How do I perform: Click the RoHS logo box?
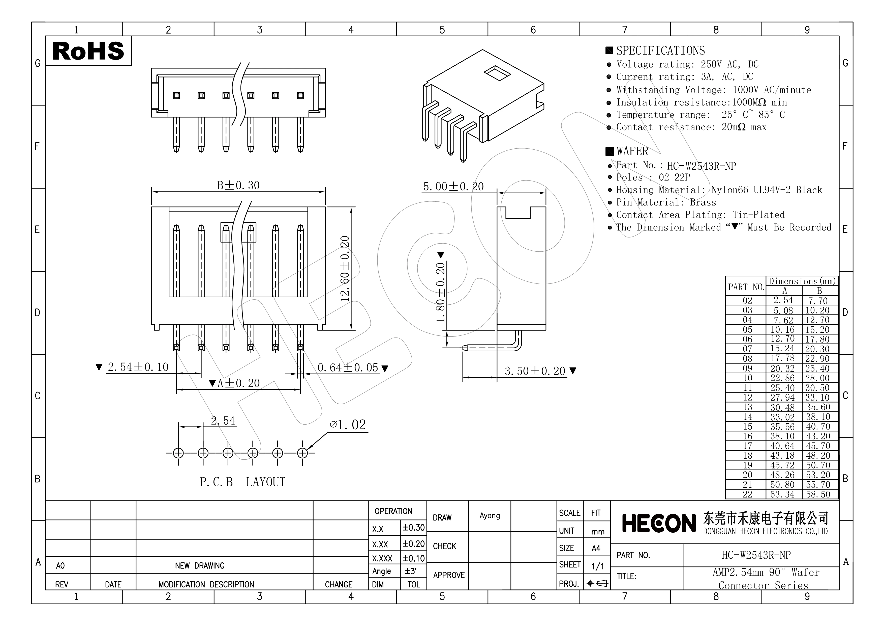point(88,51)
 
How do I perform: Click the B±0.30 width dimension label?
point(238,186)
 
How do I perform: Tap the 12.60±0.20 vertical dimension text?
point(345,268)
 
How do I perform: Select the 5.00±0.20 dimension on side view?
point(453,187)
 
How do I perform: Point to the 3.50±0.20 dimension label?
point(535,371)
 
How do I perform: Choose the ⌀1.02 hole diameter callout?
point(348,425)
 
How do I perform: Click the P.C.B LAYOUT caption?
point(242,482)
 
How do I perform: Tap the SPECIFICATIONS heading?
point(660,50)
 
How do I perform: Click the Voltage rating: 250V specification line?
point(687,64)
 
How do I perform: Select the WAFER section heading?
point(632,151)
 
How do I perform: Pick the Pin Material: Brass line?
point(666,202)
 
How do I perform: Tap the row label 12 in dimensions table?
point(747,397)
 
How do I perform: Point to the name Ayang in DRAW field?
point(489,516)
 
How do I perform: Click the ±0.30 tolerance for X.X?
point(413,528)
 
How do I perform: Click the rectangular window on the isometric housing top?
point(497,73)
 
